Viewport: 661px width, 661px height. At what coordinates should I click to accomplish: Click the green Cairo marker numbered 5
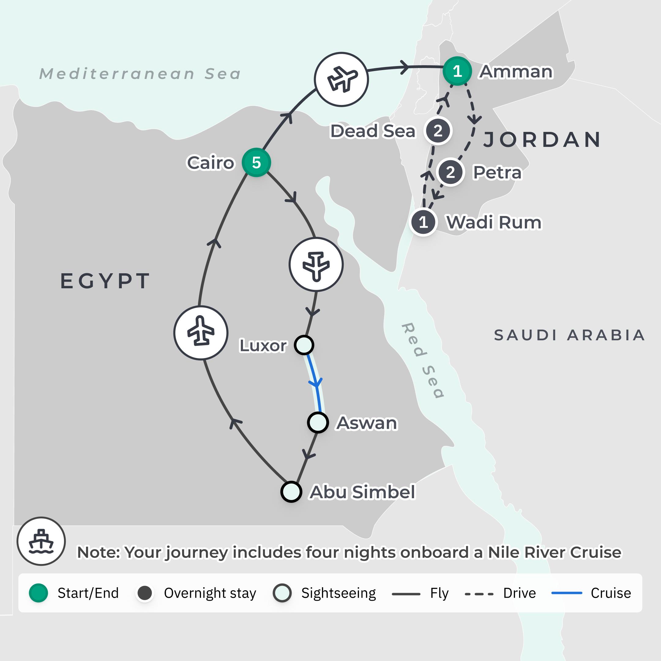point(256,162)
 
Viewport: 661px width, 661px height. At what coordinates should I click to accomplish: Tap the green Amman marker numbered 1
point(457,71)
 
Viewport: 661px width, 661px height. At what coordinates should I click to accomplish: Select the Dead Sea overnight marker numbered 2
point(438,131)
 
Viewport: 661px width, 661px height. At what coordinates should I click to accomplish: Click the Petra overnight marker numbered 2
point(450,172)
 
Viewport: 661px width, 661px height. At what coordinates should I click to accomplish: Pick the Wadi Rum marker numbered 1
point(424,222)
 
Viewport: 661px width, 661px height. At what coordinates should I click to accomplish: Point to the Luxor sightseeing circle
point(304,345)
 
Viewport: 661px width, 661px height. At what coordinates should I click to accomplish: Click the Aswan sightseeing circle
point(318,423)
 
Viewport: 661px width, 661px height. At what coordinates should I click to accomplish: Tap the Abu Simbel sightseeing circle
point(291,492)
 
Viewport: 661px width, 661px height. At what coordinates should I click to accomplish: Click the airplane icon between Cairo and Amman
point(341,79)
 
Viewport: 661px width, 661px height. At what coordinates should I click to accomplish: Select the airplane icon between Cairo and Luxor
point(316,264)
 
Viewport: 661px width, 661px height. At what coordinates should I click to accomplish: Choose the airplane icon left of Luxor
point(201,333)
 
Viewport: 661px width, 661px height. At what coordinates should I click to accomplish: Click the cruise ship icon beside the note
point(41,541)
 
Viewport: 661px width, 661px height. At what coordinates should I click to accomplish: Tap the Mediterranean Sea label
point(140,74)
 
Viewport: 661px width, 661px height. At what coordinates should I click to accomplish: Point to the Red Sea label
point(423,360)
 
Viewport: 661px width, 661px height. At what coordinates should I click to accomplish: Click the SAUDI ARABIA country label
point(569,335)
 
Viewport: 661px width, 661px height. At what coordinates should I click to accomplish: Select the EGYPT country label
point(105,281)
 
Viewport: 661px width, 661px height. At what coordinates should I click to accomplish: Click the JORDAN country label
point(542,140)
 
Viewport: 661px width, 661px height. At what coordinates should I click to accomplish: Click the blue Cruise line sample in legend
point(566,593)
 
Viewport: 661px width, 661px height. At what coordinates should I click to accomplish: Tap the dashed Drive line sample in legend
point(479,594)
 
